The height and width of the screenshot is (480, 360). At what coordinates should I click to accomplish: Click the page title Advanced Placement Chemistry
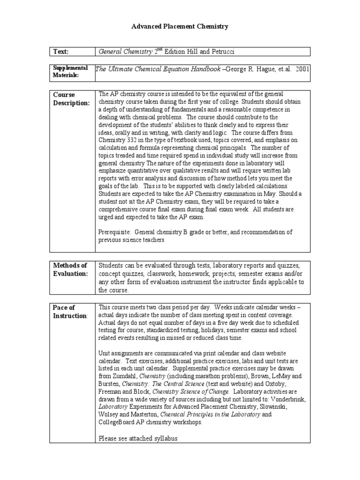click(x=180, y=27)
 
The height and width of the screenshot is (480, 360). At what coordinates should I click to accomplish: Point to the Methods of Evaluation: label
click(x=70, y=270)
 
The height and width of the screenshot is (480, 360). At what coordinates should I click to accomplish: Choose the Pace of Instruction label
click(x=70, y=312)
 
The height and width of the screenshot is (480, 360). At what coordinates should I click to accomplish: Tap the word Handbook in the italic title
click(x=202, y=69)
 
